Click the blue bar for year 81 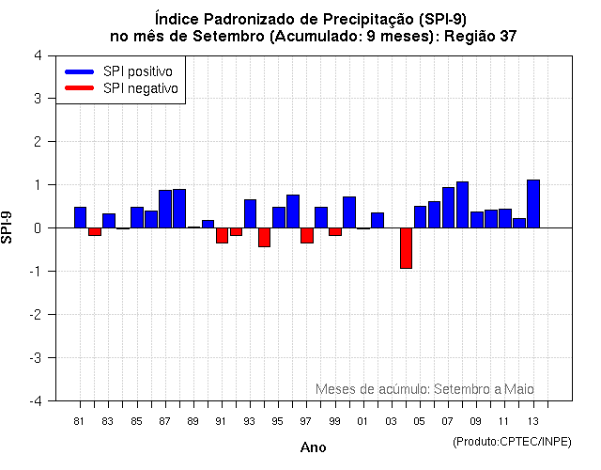point(80,217)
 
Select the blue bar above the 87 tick point(165,209)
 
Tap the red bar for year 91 point(222,235)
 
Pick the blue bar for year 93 point(250,213)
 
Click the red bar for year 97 point(307,235)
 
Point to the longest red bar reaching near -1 point(406,248)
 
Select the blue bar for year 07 point(448,207)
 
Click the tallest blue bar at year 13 point(533,203)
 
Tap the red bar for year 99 point(335,231)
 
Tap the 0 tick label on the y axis point(37,228)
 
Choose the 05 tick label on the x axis point(420,420)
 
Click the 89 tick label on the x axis point(193,420)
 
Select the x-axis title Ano point(313,447)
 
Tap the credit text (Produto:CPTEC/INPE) point(512,441)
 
